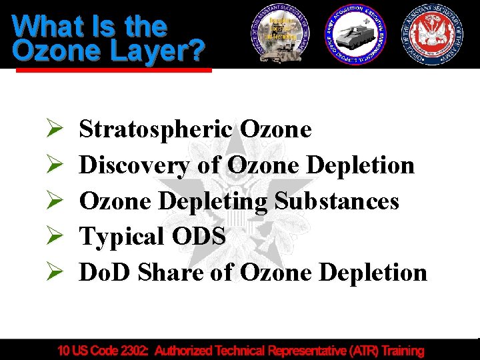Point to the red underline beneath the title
(113, 69)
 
